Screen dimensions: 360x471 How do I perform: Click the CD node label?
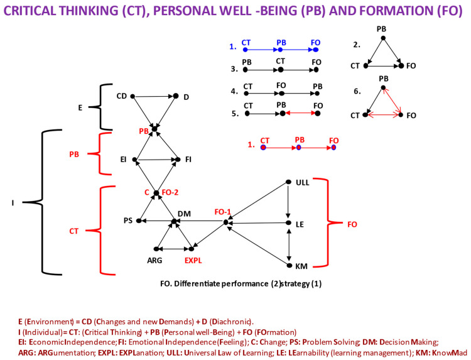122,96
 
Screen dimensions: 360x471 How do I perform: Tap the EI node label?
124,160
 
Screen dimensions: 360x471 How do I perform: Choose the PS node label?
128,221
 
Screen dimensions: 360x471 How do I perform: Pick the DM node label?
185,214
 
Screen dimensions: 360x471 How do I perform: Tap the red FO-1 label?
223,212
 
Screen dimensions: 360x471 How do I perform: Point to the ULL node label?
302,183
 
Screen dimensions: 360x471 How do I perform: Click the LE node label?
300,223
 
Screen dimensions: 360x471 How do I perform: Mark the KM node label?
301,266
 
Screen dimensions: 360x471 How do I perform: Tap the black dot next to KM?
289,265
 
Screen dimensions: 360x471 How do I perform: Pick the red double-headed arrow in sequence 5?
300,114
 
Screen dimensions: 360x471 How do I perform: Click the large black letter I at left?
14,202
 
